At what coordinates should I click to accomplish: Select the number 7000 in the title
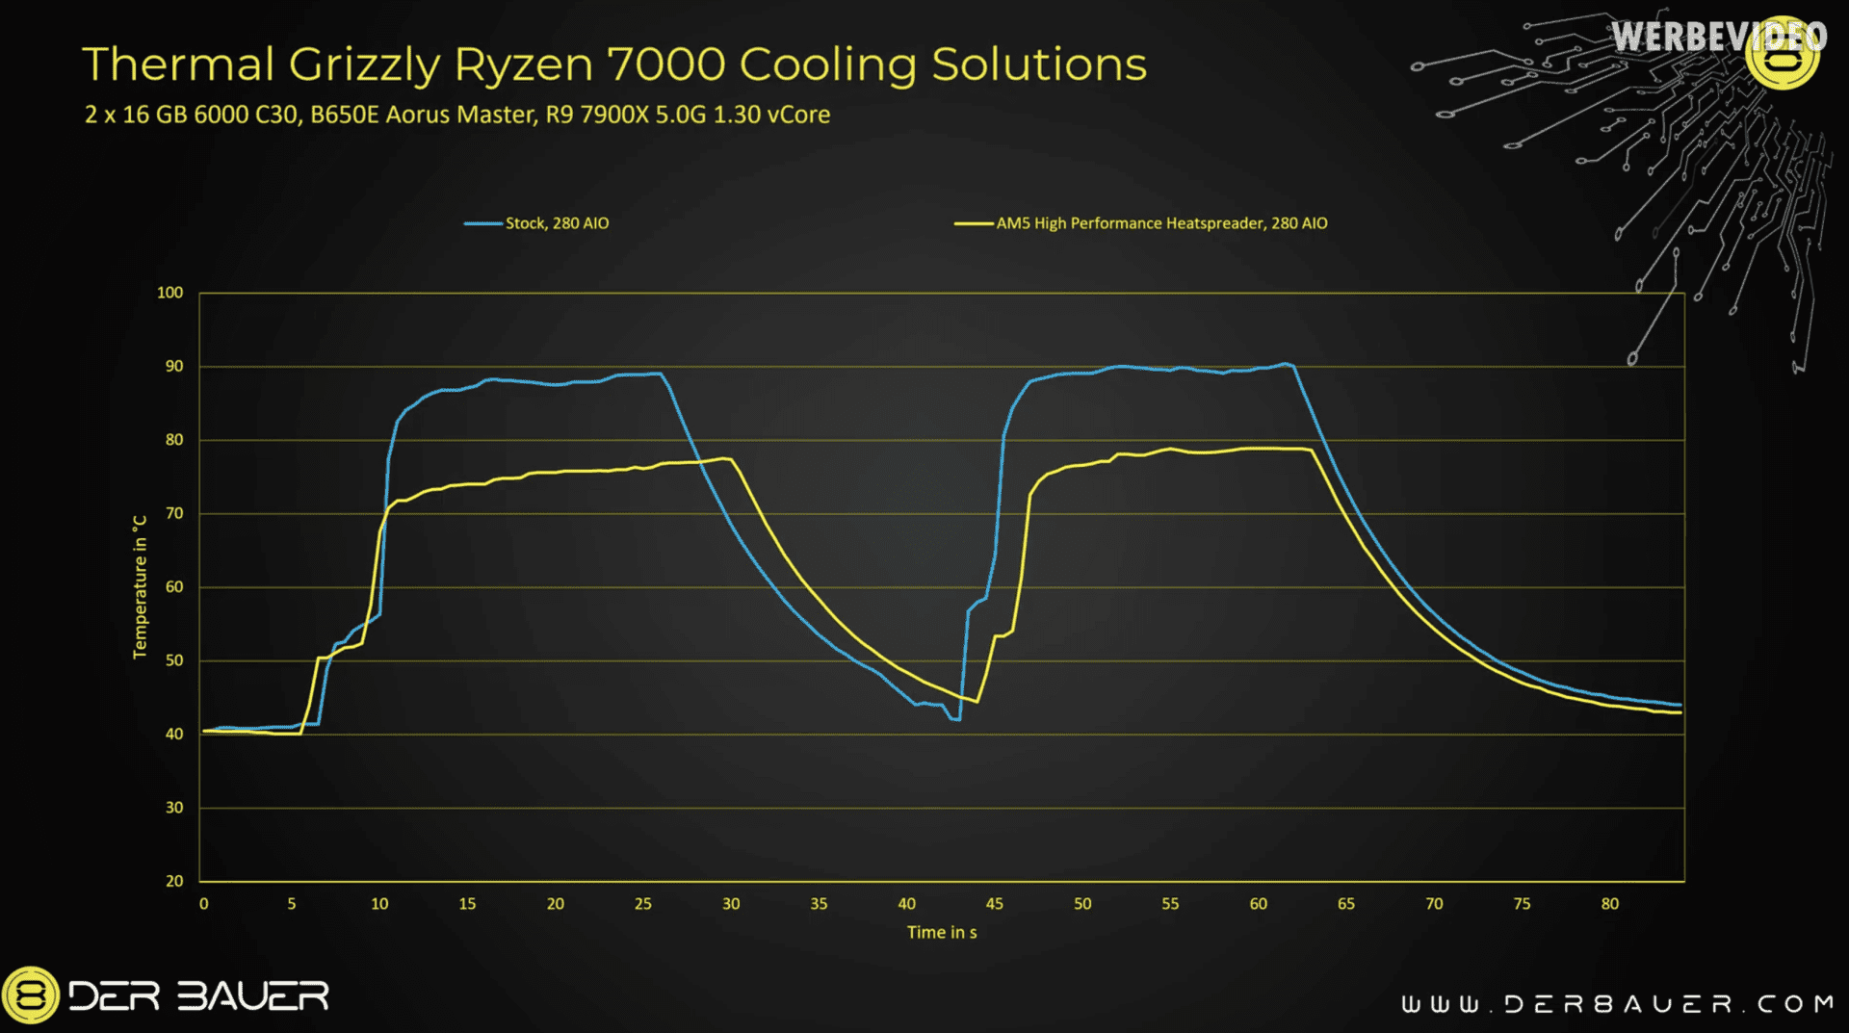click(x=665, y=65)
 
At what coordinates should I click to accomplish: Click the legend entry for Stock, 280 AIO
click(x=536, y=223)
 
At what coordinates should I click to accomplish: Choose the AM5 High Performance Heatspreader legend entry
click(x=1140, y=223)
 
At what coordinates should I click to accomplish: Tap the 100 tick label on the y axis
click(x=169, y=293)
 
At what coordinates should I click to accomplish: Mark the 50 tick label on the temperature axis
click(x=174, y=660)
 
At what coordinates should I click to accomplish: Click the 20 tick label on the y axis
click(x=174, y=881)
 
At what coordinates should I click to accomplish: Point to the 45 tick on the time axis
click(x=995, y=904)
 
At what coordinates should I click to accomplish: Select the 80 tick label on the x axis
click(x=1610, y=904)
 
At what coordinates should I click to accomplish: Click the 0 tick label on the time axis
click(x=203, y=904)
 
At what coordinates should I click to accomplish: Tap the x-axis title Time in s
click(x=942, y=932)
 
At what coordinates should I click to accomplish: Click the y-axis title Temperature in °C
click(x=141, y=586)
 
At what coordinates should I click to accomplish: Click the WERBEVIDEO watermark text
click(x=1719, y=38)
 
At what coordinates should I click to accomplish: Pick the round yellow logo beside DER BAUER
click(x=30, y=995)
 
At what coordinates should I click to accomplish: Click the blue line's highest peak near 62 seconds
click(x=1285, y=364)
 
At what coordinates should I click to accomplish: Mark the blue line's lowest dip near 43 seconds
click(x=955, y=719)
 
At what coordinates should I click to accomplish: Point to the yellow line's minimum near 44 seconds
click(x=977, y=701)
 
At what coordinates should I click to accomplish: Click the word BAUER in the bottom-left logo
click(x=253, y=996)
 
